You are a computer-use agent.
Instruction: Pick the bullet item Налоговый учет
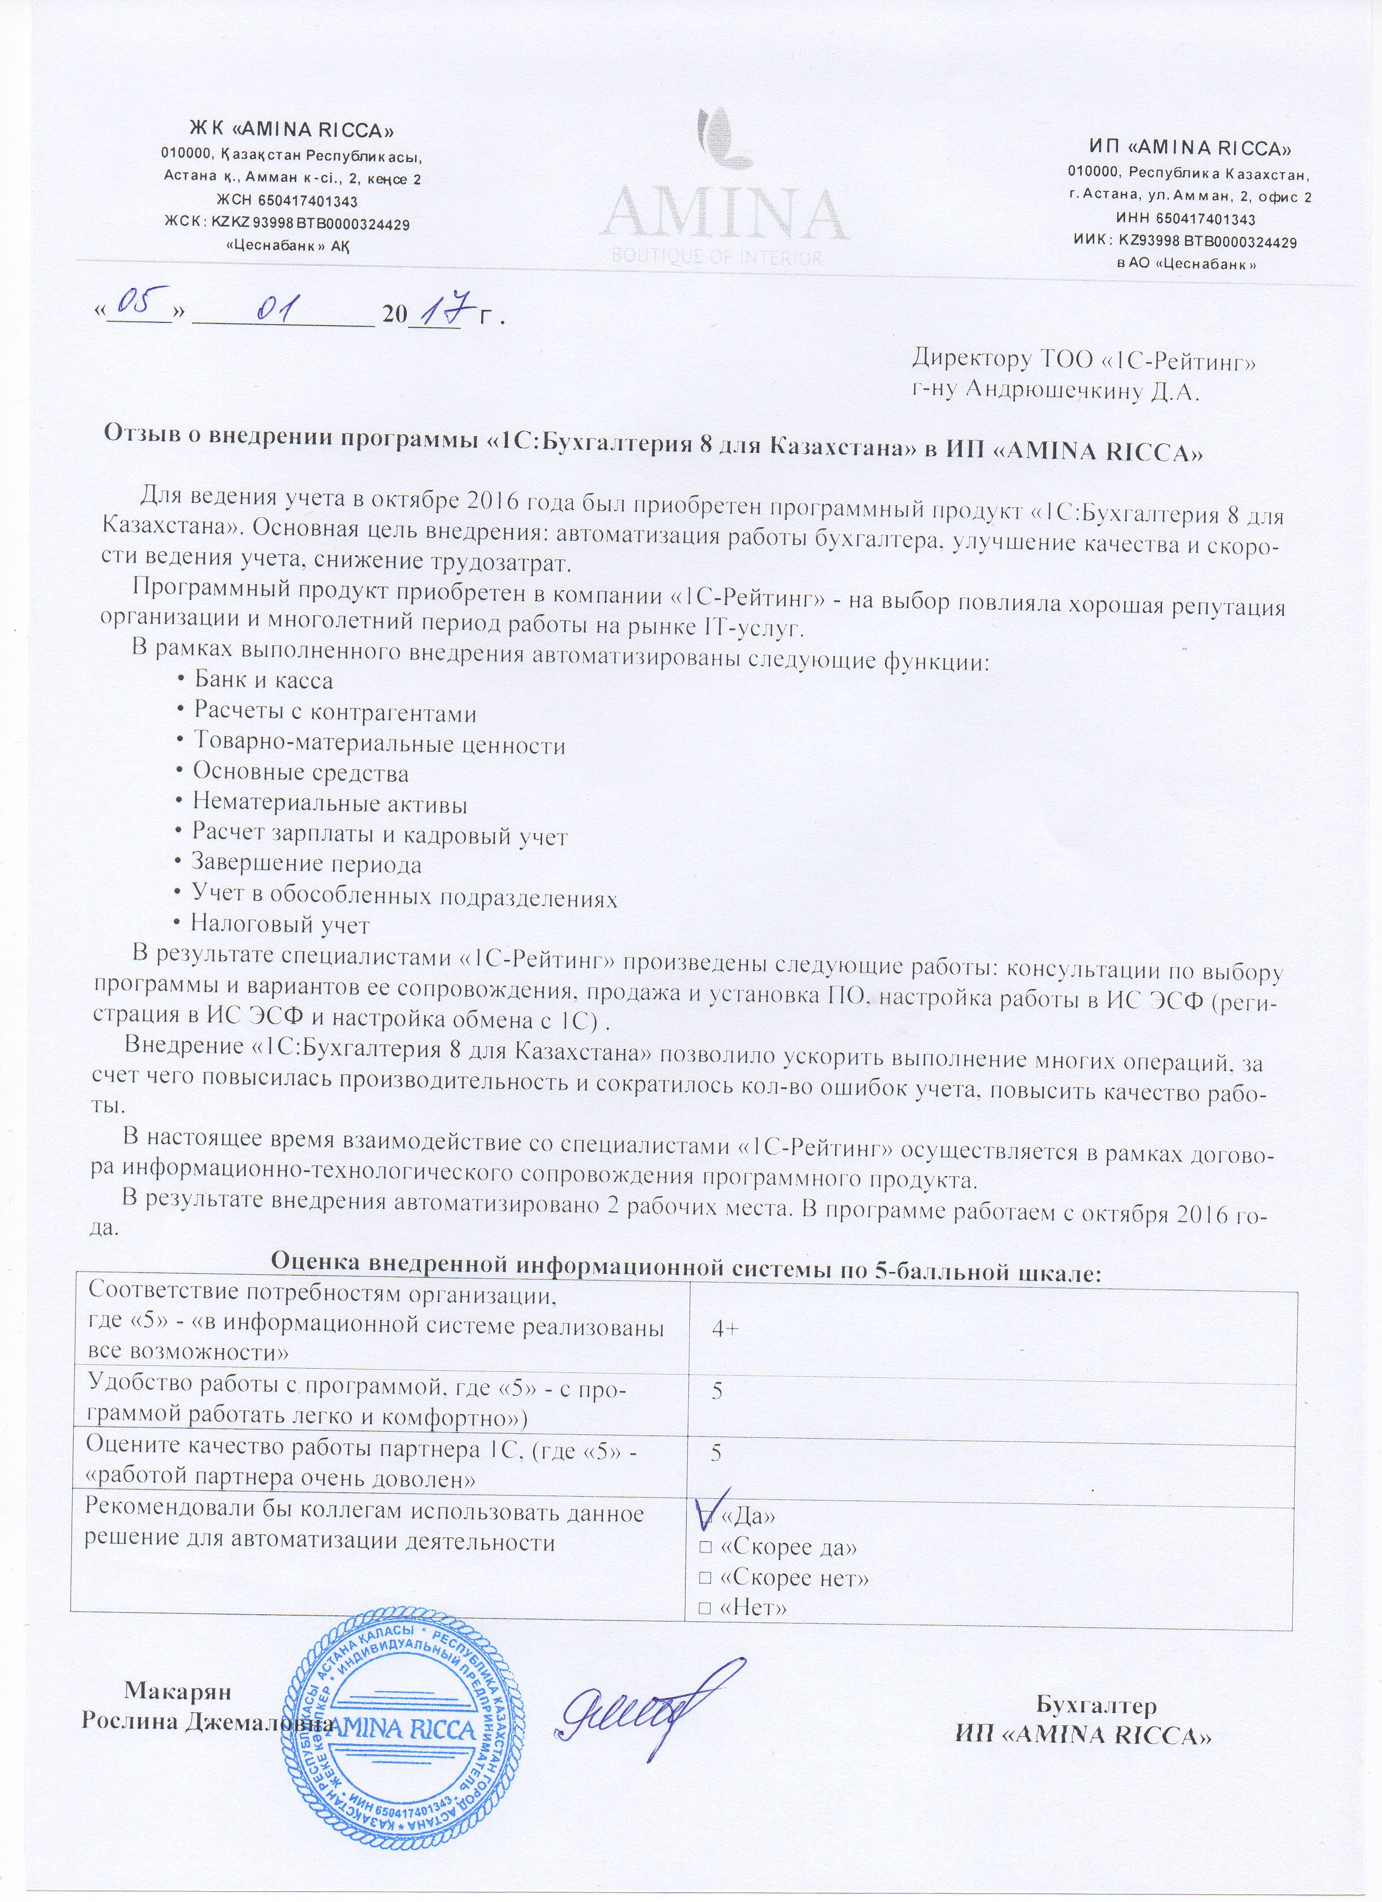click(279, 925)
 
